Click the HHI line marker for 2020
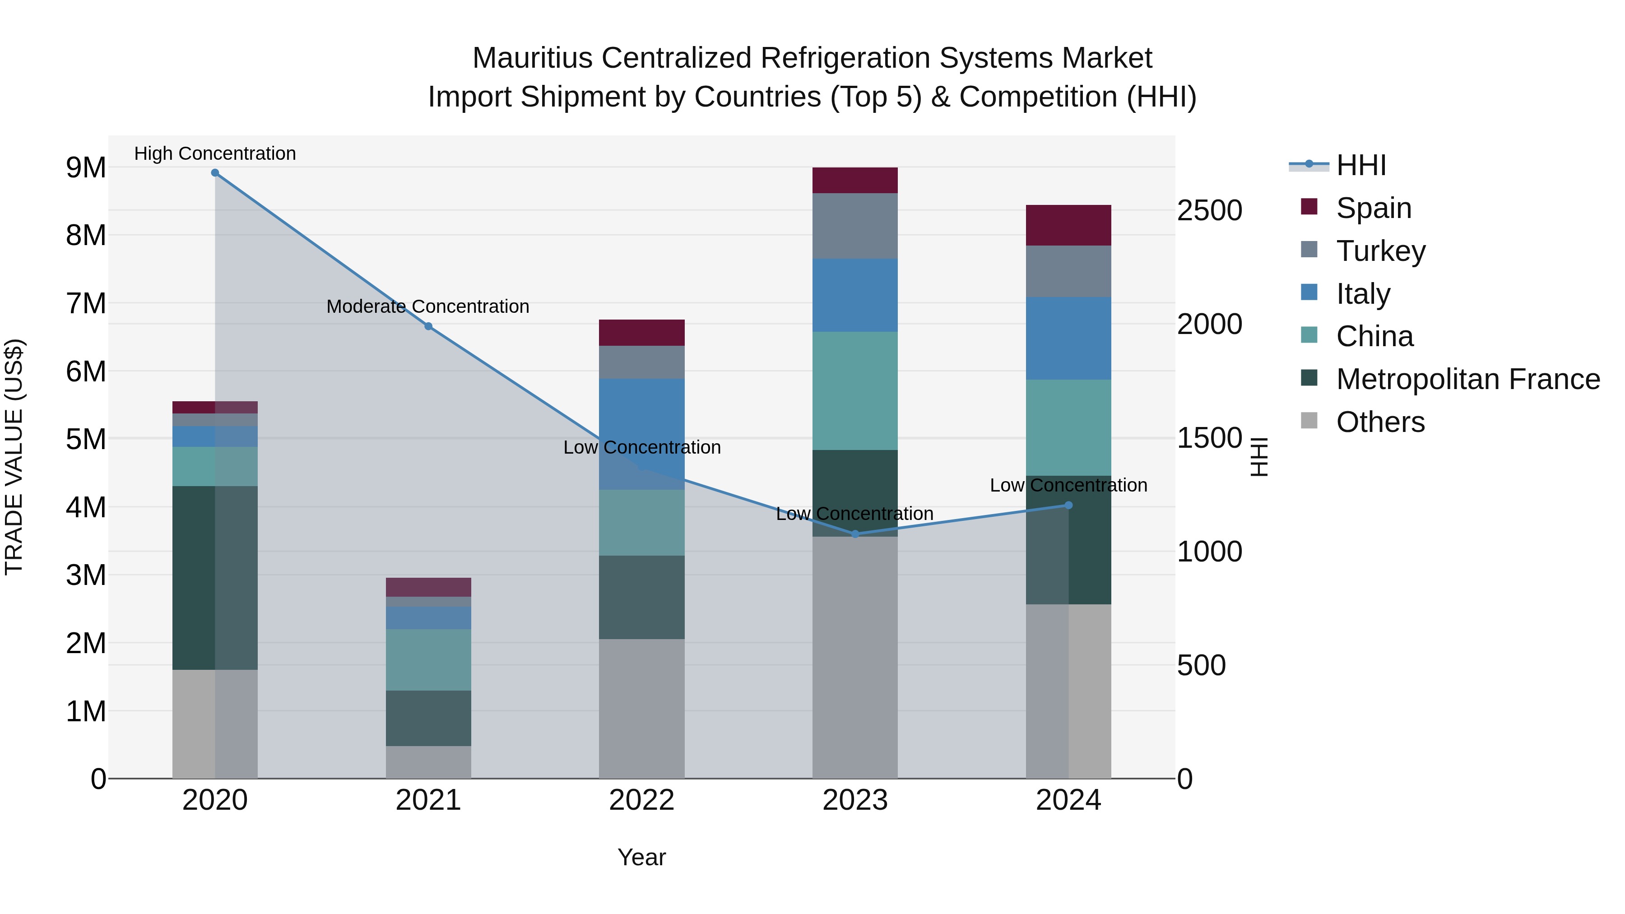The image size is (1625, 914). pos(215,173)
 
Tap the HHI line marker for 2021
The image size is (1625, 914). pos(428,326)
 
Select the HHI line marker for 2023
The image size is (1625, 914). pos(855,534)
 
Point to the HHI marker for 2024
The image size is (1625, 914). pos(1068,505)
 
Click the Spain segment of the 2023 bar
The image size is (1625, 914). pos(855,181)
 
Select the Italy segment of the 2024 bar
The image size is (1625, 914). pos(1068,338)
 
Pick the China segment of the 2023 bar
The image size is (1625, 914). pos(855,390)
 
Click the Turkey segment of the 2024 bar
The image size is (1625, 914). pos(1068,271)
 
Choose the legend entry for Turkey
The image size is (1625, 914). pos(1380,251)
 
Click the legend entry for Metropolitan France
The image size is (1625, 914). pos(1467,379)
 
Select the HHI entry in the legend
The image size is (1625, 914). pos(1360,165)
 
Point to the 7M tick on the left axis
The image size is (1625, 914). pos(86,303)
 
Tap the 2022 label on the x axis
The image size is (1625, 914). pos(641,800)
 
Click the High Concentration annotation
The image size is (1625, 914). pos(215,153)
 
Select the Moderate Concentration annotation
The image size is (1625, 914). pos(428,306)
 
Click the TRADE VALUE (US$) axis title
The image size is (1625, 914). pos(14,457)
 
